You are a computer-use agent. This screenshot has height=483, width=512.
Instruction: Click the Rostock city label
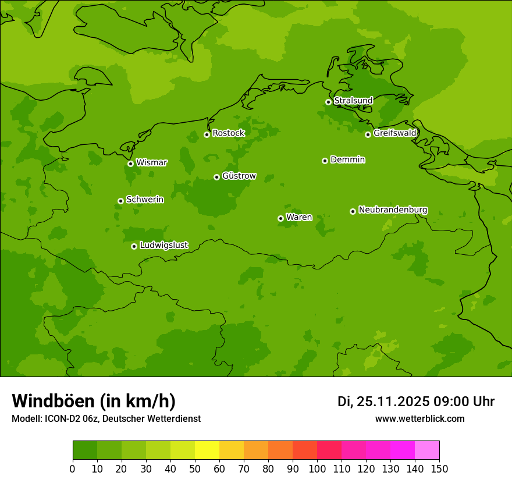[x=228, y=133]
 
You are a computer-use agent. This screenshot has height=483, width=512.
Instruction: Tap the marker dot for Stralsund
[x=328, y=102]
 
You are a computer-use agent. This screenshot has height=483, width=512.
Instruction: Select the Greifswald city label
[x=394, y=133]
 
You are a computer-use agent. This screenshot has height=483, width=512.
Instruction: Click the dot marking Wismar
[x=130, y=164]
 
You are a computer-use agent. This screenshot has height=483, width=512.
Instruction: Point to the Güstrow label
[x=239, y=176]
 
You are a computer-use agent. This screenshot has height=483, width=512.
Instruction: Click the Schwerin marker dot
[x=120, y=201]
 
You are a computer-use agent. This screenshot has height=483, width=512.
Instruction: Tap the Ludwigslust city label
[x=163, y=246]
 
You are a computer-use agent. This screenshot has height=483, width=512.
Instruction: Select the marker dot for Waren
[x=280, y=218]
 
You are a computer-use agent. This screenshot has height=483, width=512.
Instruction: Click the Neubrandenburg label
[x=393, y=210]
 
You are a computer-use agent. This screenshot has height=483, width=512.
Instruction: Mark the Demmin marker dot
[x=325, y=161]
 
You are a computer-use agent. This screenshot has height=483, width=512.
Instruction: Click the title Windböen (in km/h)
[x=94, y=401]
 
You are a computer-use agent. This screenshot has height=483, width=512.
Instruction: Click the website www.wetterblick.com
[x=419, y=418]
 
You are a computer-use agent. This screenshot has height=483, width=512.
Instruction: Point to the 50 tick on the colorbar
[x=195, y=468]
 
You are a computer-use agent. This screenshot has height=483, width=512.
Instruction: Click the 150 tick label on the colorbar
[x=439, y=468]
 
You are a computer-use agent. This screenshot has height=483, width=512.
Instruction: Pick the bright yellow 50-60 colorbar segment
[x=207, y=450]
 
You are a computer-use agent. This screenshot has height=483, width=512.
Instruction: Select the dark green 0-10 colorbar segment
[x=85, y=450]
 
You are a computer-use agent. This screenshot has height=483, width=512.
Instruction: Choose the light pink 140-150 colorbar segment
[x=427, y=450]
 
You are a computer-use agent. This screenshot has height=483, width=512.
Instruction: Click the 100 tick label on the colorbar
[x=317, y=468]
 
